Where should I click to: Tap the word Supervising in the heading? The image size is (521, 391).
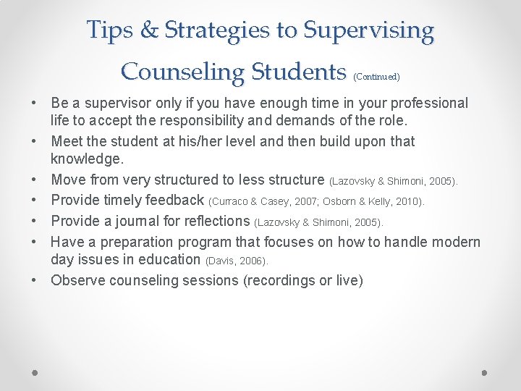click(x=369, y=30)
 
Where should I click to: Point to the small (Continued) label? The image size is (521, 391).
click(x=377, y=76)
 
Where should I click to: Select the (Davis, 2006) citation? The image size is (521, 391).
click(x=237, y=260)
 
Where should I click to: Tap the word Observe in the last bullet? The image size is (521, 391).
click(x=77, y=280)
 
